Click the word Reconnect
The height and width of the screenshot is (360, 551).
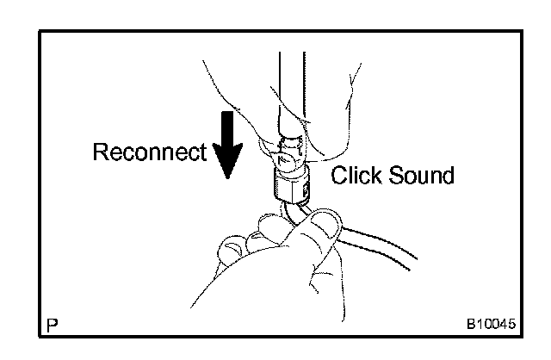click(149, 153)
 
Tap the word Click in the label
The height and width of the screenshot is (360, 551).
click(355, 177)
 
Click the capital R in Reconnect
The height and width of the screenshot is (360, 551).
click(100, 153)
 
